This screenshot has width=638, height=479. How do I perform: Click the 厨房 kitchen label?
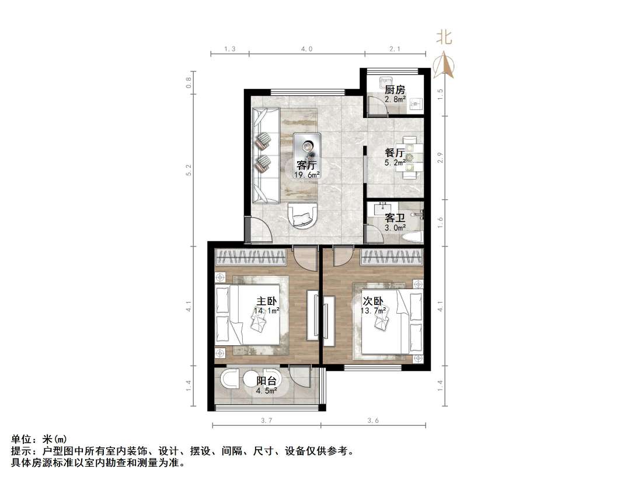pos(395,90)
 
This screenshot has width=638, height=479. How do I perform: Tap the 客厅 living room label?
pos(308,165)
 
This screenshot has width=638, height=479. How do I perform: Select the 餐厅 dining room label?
pos(395,153)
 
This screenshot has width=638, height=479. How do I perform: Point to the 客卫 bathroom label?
pos(395,218)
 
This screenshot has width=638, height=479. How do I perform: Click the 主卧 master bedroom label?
pos(266,301)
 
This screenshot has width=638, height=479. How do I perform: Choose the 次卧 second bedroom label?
pos(374,301)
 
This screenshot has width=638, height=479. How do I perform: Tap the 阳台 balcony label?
pos(267,381)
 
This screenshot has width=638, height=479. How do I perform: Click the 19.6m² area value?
pos(308,175)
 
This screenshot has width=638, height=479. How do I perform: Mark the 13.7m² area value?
pos(374,311)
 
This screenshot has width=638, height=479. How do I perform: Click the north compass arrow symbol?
pos(445,65)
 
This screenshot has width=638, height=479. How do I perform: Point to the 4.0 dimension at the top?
pos(307,50)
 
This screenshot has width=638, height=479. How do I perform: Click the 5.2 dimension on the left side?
pos(189,170)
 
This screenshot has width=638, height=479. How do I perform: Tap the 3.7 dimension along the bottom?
pos(267,421)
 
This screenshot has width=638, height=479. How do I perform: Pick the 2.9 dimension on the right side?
pos(441,158)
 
